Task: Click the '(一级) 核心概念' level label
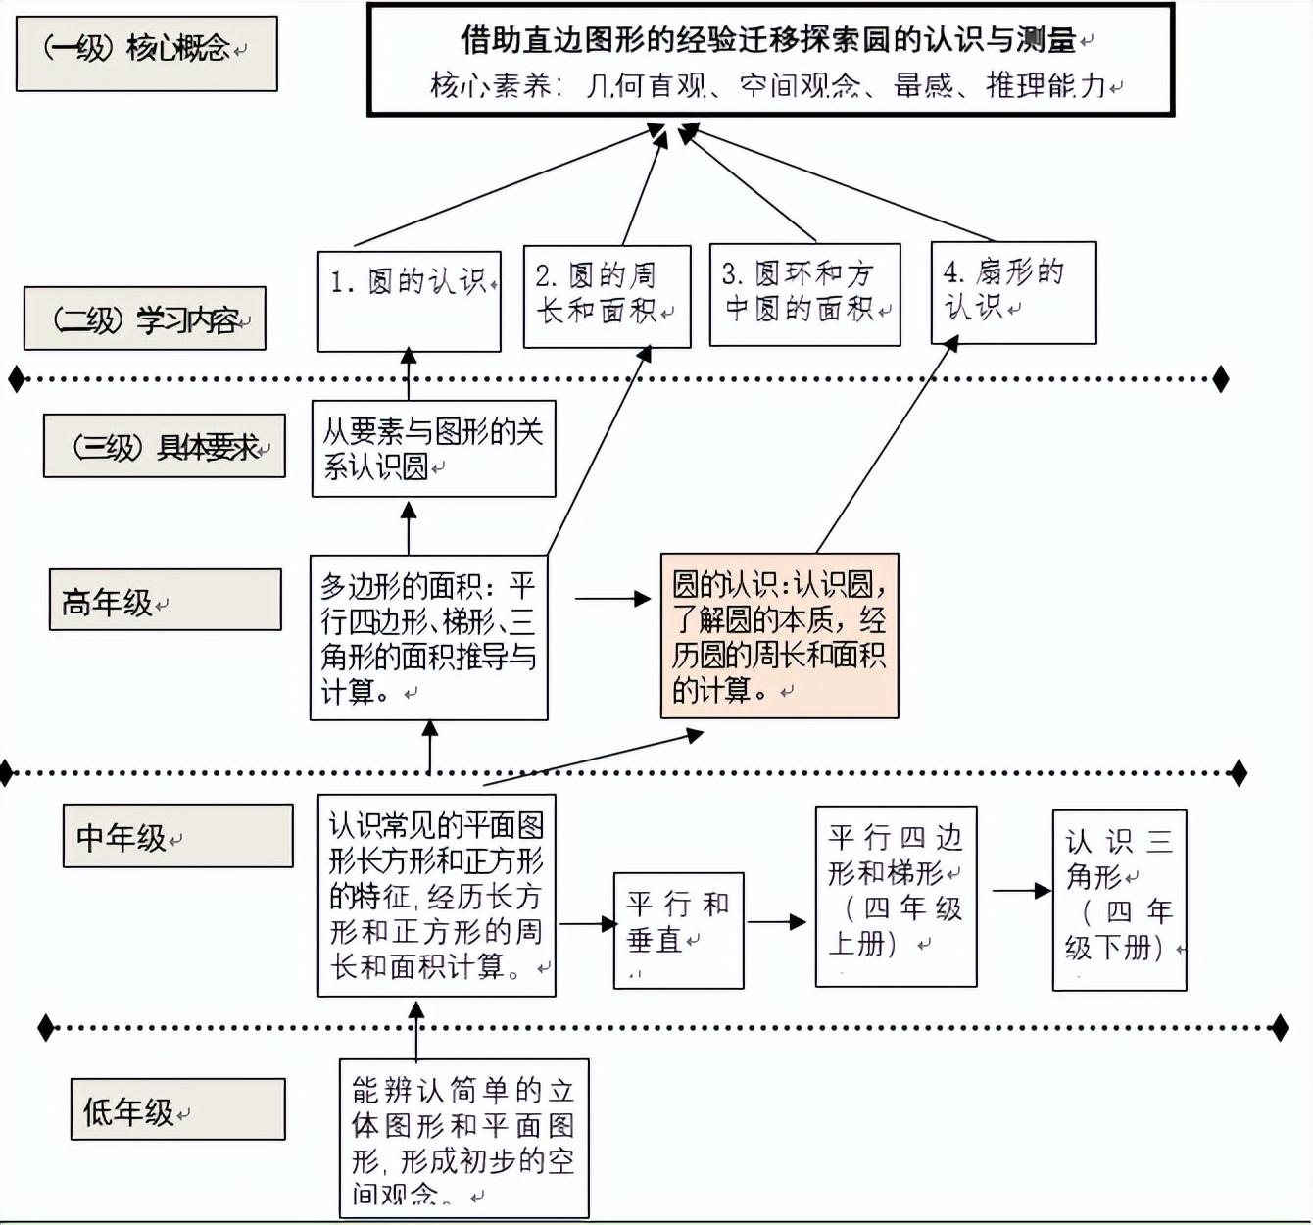click(x=146, y=53)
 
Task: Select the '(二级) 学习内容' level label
click(x=144, y=318)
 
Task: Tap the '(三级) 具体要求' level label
click(x=164, y=446)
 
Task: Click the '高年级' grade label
click(x=165, y=600)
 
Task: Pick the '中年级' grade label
click(x=177, y=836)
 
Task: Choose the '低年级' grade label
click(x=177, y=1109)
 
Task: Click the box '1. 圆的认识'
click(x=409, y=301)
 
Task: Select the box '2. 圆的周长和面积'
click(x=607, y=296)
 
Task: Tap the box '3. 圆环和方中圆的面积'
click(x=804, y=294)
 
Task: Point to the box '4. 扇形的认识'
click(x=1012, y=292)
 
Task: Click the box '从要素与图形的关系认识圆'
click(x=433, y=448)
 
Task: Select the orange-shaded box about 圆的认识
click(x=779, y=636)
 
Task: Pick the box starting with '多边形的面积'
click(x=428, y=638)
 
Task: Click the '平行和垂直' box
click(x=678, y=929)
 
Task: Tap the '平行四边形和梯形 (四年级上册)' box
click(x=896, y=896)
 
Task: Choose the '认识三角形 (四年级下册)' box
click(x=1119, y=900)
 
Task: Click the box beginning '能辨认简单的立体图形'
click(x=463, y=1138)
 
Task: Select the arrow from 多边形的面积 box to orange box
click(x=612, y=598)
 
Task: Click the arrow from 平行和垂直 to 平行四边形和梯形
click(x=777, y=922)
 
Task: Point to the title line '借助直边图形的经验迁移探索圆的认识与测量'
click(x=769, y=40)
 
